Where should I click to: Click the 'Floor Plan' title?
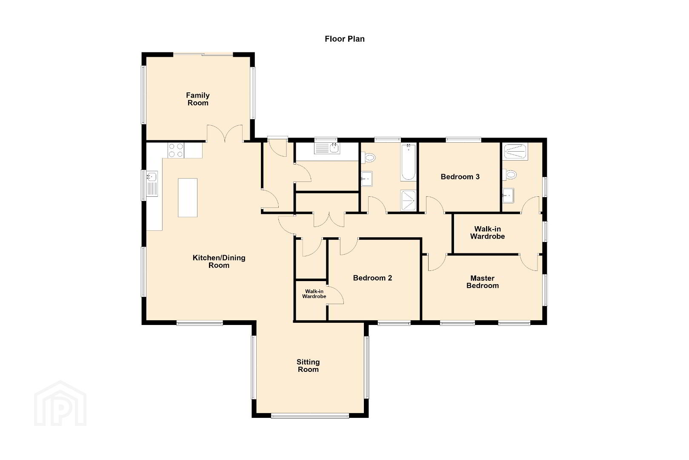345,39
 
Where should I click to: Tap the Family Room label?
198,99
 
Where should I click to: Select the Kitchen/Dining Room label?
219,262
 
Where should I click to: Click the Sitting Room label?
308,365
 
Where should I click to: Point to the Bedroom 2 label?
372,278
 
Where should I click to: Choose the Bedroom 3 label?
460,177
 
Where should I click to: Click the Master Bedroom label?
482,282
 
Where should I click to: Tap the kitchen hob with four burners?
176,150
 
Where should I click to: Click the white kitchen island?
188,198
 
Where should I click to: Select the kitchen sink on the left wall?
152,184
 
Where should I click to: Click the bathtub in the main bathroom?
409,162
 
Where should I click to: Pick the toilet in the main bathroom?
368,158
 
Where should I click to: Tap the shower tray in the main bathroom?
409,201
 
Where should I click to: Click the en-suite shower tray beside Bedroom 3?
515,151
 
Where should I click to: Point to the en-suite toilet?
509,175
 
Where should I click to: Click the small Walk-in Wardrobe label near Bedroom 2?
314,294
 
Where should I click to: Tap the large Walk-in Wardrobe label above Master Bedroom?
487,233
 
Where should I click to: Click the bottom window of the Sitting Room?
310,416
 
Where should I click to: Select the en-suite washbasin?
508,195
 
